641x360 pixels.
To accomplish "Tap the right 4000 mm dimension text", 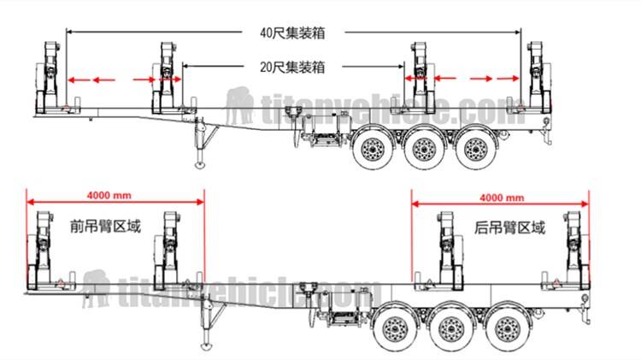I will pos(502,197).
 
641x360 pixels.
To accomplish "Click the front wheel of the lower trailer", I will pos(394,327).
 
